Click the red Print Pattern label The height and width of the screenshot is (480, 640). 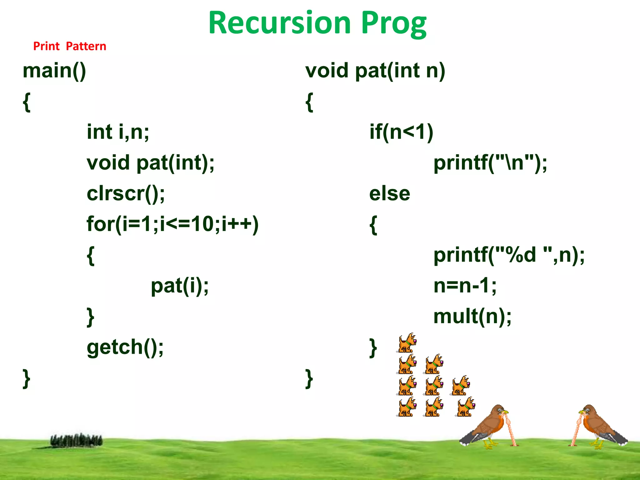click(x=70, y=46)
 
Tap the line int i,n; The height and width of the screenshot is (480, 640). click(x=118, y=132)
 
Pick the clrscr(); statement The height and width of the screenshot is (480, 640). click(x=126, y=193)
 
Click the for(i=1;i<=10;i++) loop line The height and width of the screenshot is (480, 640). click(x=172, y=224)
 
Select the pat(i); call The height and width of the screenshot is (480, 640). click(x=180, y=286)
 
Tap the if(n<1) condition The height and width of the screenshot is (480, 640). click(x=401, y=132)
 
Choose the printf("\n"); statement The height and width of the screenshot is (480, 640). click(x=490, y=163)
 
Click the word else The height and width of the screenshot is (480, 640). click(x=389, y=193)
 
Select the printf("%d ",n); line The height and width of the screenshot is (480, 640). click(x=509, y=255)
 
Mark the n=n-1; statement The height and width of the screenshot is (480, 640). click(x=465, y=286)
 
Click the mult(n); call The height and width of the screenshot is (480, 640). click(x=472, y=316)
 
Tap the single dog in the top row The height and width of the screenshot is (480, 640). click(x=407, y=343)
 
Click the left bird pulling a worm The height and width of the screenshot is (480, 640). click(x=487, y=427)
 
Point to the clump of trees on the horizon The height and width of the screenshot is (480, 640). click(x=76, y=440)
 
